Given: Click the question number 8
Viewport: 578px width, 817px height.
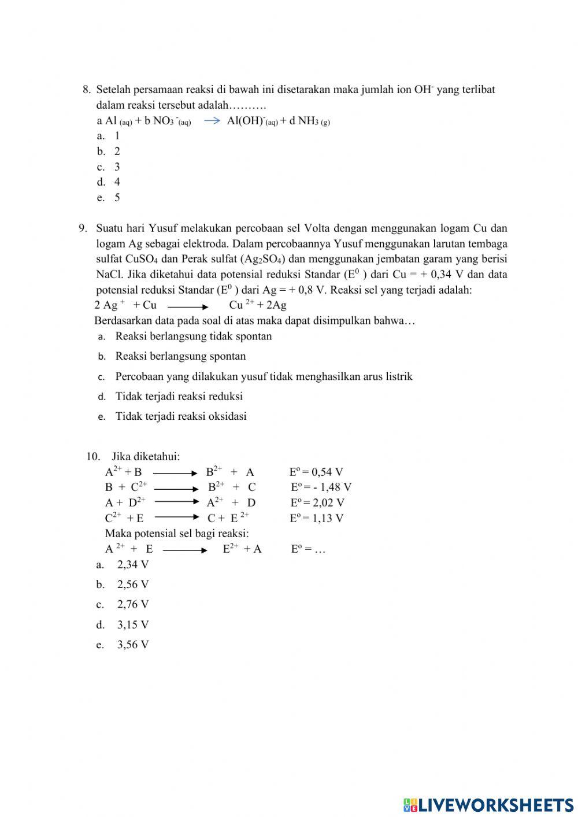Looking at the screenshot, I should pyautogui.click(x=87, y=90).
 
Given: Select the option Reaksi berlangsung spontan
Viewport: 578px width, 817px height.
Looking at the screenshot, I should pyautogui.click(x=180, y=356).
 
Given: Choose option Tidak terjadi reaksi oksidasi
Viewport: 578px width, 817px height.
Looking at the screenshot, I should pyautogui.click(x=180, y=416).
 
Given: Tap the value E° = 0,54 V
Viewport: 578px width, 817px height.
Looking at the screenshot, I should pyautogui.click(x=316, y=472).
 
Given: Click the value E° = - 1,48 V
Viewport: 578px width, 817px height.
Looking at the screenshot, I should pyautogui.click(x=320, y=487).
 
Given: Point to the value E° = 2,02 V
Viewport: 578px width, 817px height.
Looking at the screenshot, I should pyautogui.click(x=317, y=503).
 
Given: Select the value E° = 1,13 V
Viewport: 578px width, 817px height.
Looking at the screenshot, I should pyautogui.click(x=316, y=518).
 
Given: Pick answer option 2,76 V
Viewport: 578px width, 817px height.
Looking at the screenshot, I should pyautogui.click(x=132, y=605).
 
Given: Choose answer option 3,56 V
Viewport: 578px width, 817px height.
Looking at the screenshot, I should pyautogui.click(x=132, y=645).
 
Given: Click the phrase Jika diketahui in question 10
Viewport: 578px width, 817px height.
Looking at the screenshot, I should pyautogui.click(x=145, y=457).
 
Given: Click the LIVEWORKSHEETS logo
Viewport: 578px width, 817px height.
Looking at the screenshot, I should pyautogui.click(x=488, y=804).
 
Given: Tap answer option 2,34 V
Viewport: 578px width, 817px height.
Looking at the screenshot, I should pyautogui.click(x=132, y=565).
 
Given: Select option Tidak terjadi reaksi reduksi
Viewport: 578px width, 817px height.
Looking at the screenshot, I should pyautogui.click(x=179, y=397).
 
